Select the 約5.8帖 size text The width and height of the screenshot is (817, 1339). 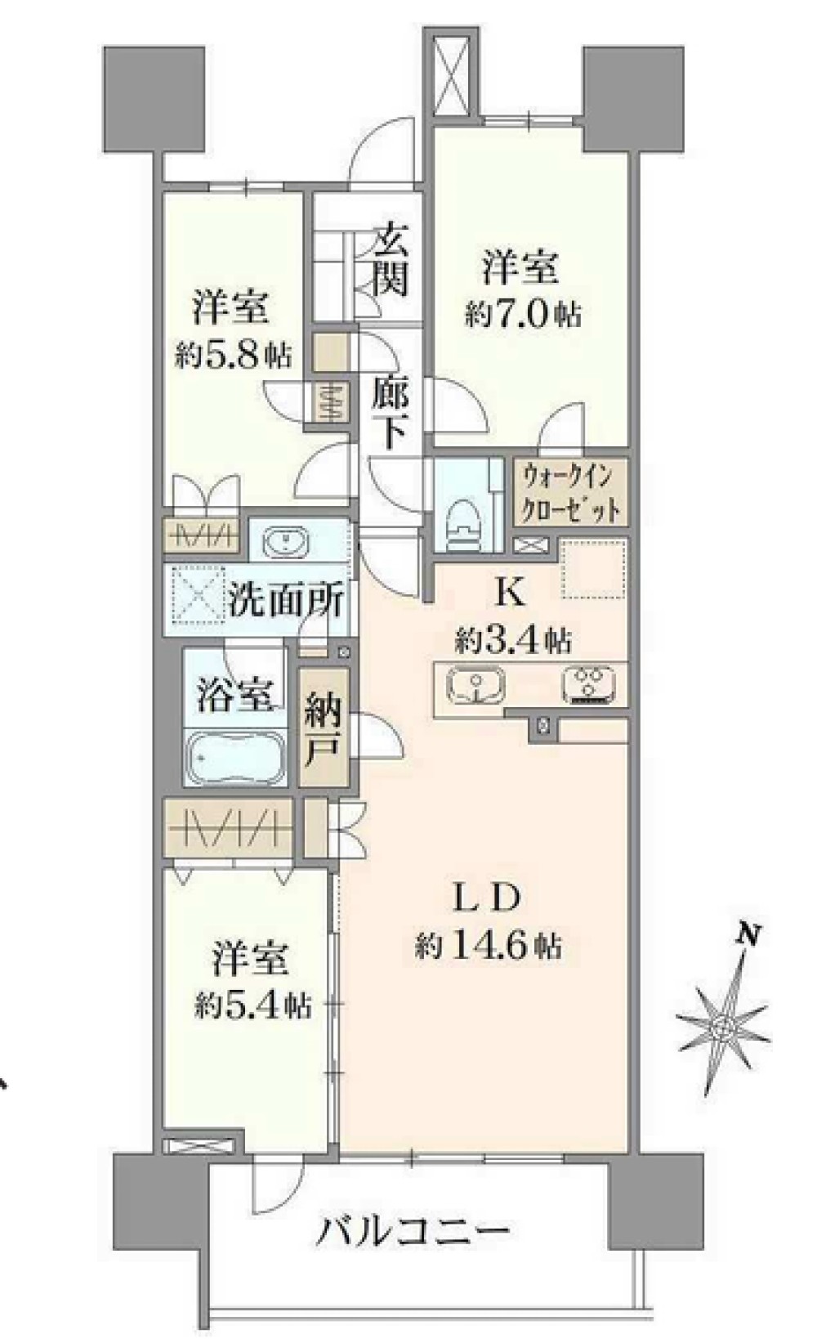point(232,353)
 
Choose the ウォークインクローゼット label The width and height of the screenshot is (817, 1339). point(571,491)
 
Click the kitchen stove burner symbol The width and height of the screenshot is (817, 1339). point(589,684)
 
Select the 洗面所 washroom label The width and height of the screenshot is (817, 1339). point(285,601)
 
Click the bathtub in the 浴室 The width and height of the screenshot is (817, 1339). point(235,756)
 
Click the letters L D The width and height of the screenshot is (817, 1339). point(487,899)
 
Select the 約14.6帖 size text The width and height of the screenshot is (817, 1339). point(487,947)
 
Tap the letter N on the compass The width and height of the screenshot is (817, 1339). point(747,933)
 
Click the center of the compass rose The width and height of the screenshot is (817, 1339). point(724,1028)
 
